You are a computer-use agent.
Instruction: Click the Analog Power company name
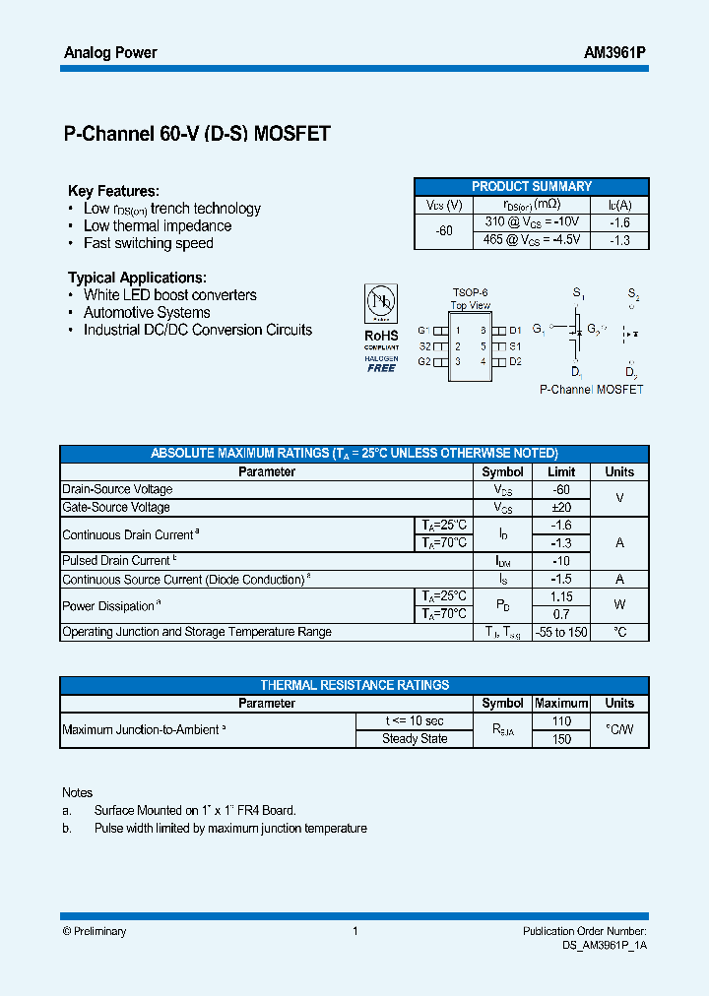click(110, 53)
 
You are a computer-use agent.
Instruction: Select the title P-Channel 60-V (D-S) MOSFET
click(197, 135)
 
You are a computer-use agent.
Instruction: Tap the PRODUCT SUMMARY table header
click(532, 186)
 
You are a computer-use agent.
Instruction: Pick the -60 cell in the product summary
click(444, 230)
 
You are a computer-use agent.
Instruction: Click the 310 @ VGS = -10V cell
click(532, 222)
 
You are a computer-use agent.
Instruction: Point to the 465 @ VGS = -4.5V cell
click(532, 239)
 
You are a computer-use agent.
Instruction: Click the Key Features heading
click(113, 191)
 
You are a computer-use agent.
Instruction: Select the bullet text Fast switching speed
click(148, 243)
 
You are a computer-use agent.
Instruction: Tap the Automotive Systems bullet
click(147, 313)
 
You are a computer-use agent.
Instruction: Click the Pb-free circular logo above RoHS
click(381, 301)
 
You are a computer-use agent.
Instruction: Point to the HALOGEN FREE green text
click(381, 364)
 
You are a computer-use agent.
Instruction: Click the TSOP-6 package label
click(470, 293)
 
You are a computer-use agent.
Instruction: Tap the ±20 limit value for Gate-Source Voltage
click(561, 507)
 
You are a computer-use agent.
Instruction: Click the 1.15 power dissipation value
click(561, 596)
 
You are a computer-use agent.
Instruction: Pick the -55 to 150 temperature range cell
click(561, 632)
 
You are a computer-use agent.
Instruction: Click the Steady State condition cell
click(415, 739)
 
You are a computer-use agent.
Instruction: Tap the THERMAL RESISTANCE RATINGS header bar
click(354, 685)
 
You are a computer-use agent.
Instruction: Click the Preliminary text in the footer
click(95, 931)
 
